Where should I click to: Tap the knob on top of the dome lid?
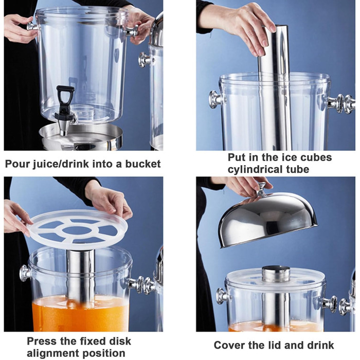(x=261, y=189)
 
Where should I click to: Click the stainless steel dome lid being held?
(x=268, y=221)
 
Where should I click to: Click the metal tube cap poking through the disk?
(x=276, y=274)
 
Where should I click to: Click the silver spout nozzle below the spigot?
(x=63, y=129)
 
